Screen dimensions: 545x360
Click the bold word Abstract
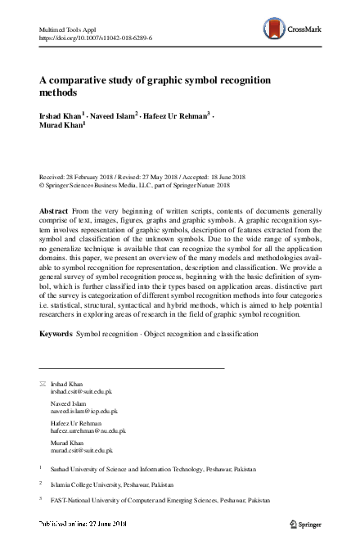point(53,210)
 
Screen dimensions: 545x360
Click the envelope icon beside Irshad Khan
point(43,384)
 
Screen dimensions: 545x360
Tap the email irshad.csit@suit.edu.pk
point(82,392)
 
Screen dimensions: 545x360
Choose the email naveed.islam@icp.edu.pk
point(84,412)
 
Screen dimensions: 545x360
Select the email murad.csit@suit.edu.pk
point(82,451)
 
